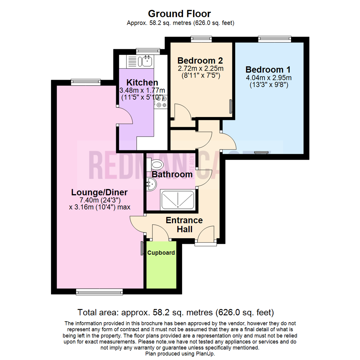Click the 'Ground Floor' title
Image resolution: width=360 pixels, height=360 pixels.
pyautogui.click(x=179, y=14)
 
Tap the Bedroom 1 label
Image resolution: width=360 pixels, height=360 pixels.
pyautogui.click(x=268, y=70)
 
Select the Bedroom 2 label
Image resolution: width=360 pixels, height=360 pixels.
pyautogui.click(x=200, y=61)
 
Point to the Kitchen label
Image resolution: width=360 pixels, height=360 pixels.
pyautogui.click(x=142, y=82)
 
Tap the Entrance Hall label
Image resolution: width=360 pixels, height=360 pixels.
pyautogui.click(x=184, y=225)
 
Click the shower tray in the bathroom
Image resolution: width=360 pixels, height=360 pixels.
pyautogui.click(x=178, y=199)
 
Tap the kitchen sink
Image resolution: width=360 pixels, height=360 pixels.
pyautogui.click(x=147, y=61)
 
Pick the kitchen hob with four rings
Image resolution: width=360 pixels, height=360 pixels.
pyautogui.click(x=161, y=102)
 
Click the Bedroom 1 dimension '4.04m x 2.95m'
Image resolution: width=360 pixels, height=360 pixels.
pyautogui.click(x=268, y=78)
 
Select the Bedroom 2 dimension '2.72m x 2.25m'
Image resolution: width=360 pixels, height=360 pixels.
pyautogui.click(x=200, y=69)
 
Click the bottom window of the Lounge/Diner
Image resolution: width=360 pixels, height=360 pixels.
pyautogui.click(x=92, y=292)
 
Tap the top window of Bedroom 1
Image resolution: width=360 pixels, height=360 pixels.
pyautogui.click(x=275, y=39)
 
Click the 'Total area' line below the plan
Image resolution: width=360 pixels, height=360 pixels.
pyautogui.click(x=176, y=313)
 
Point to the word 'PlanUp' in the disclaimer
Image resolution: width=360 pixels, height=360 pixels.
pyautogui.click(x=207, y=354)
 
